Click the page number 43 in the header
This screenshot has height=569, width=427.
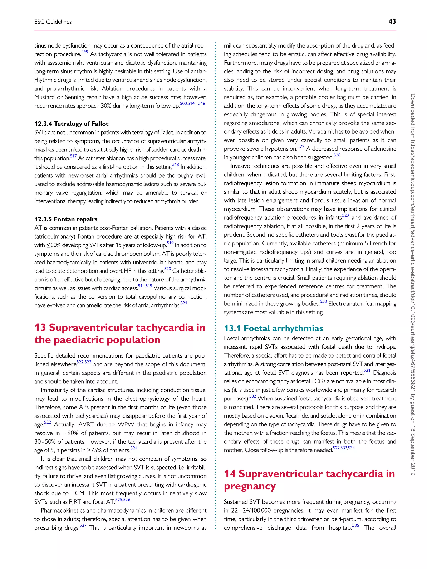pos(392,22)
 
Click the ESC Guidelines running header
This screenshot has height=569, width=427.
pos(53,22)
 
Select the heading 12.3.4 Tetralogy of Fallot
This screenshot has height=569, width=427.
pos(71,124)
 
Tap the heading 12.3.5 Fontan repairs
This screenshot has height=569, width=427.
pos(66,219)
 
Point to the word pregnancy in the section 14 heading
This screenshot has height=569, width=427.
pos(250,486)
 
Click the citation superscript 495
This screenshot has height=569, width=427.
pos(84,52)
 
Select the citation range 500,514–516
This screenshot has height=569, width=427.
pos(192,103)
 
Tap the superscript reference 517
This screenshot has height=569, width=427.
pos(73,156)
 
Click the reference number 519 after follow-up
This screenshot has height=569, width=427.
pos(170,243)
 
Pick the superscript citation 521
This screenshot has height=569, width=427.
pos(183,303)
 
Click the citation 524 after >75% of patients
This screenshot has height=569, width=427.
pos(134,448)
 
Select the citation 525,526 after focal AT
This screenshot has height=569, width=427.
pos(123,500)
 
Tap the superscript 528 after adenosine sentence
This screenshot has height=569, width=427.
pos(337,155)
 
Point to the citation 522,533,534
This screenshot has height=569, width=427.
pos(344,448)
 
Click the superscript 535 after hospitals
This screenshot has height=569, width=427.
pos(355,525)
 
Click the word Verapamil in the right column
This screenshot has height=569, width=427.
pos(320,132)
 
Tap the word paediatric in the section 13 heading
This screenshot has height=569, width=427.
pos(79,340)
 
